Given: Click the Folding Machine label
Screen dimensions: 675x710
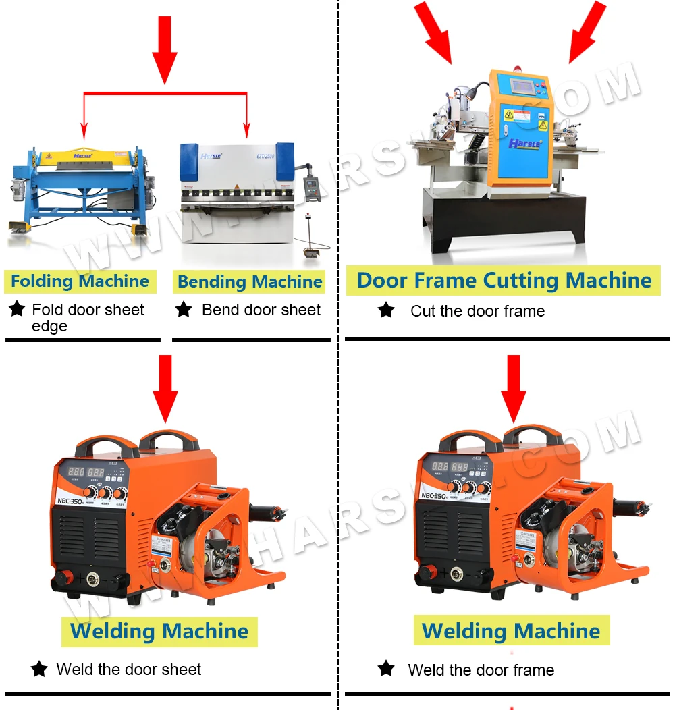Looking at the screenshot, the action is (80, 281).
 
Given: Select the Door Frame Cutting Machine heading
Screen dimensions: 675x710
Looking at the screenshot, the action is (504, 280).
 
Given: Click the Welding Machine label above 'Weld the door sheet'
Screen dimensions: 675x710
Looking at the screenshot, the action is (159, 632).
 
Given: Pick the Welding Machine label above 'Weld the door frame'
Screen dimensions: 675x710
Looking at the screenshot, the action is (511, 631).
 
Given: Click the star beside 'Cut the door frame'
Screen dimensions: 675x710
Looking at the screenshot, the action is (386, 310).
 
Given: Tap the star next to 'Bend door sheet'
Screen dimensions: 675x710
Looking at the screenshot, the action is (184, 310).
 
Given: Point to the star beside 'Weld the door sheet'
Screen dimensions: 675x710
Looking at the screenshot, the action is (39, 670).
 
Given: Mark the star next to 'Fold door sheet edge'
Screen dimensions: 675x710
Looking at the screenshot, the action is (17, 310).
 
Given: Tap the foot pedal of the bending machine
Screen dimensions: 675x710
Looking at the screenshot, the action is (313, 254).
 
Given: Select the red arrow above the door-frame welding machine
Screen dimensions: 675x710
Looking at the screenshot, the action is (514, 388).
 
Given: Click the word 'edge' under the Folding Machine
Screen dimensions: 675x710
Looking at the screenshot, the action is (49, 327).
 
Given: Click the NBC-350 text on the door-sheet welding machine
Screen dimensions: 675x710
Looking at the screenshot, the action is (76, 500).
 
